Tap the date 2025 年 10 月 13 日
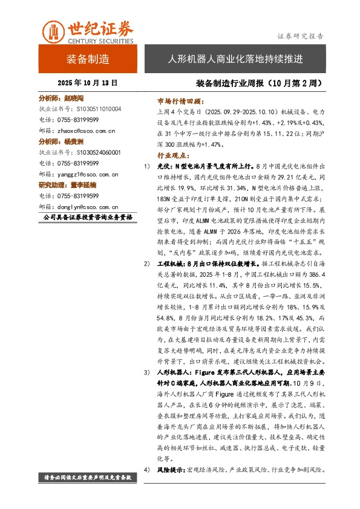[x=88, y=82]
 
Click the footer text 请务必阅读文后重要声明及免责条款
[x=88, y=478]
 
